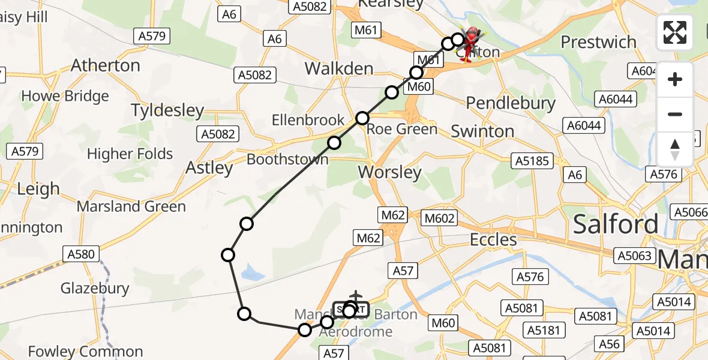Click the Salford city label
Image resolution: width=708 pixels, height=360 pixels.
tap(615, 224)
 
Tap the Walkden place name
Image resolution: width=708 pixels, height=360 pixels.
tap(339, 68)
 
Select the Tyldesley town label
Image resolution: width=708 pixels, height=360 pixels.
tap(167, 110)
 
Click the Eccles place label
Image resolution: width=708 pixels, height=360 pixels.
tap(493, 240)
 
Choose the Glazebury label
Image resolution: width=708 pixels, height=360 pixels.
tap(95, 289)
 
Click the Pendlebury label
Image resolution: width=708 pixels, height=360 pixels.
tap(511, 103)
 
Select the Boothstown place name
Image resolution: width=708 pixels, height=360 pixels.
tap(287, 160)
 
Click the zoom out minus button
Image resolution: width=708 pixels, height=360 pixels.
tap(675, 114)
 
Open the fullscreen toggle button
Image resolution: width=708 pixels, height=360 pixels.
tap(675, 32)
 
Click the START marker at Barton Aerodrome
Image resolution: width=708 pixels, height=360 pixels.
tap(350, 310)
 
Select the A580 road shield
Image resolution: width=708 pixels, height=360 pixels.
tap(81, 254)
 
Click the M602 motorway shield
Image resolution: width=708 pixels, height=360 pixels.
tap(439, 218)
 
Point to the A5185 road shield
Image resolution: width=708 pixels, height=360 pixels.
tap(530, 161)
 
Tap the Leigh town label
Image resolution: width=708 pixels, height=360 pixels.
tap(38, 190)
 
